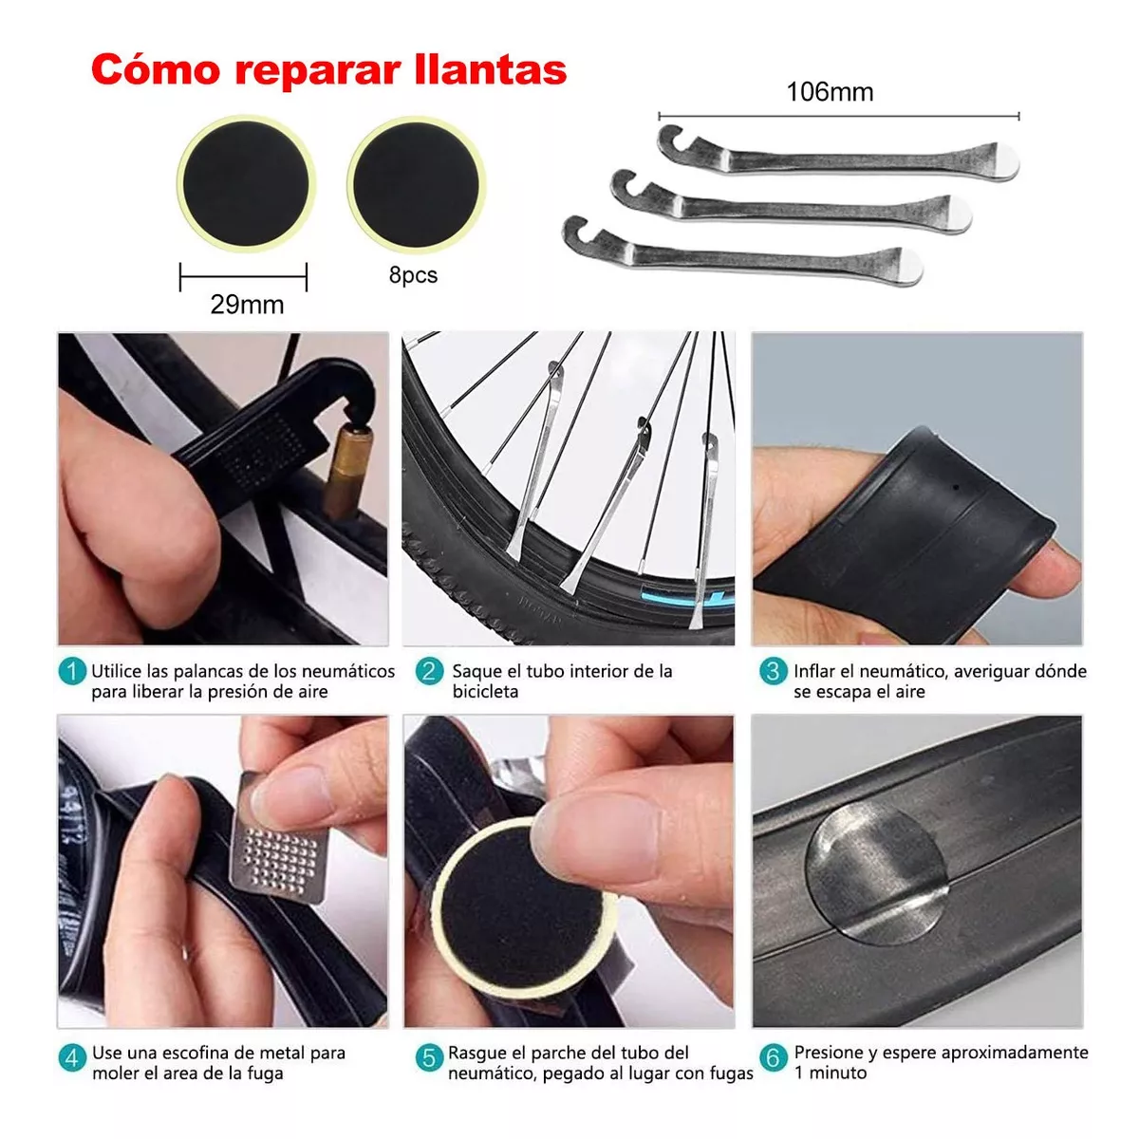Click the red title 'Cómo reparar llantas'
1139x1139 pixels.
(x=328, y=69)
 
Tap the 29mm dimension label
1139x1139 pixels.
(x=247, y=305)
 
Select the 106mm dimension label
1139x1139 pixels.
(x=830, y=92)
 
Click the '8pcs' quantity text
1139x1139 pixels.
(x=413, y=275)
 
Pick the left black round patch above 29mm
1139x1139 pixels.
(x=245, y=183)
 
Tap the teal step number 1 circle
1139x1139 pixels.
(x=72, y=672)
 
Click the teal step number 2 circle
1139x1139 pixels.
(x=429, y=672)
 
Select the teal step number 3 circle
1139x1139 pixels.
(x=773, y=672)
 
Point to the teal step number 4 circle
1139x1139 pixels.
(x=72, y=1057)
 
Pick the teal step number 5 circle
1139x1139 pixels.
(x=429, y=1057)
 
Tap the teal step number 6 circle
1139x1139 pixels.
(x=773, y=1057)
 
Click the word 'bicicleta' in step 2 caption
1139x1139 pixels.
(x=485, y=692)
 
